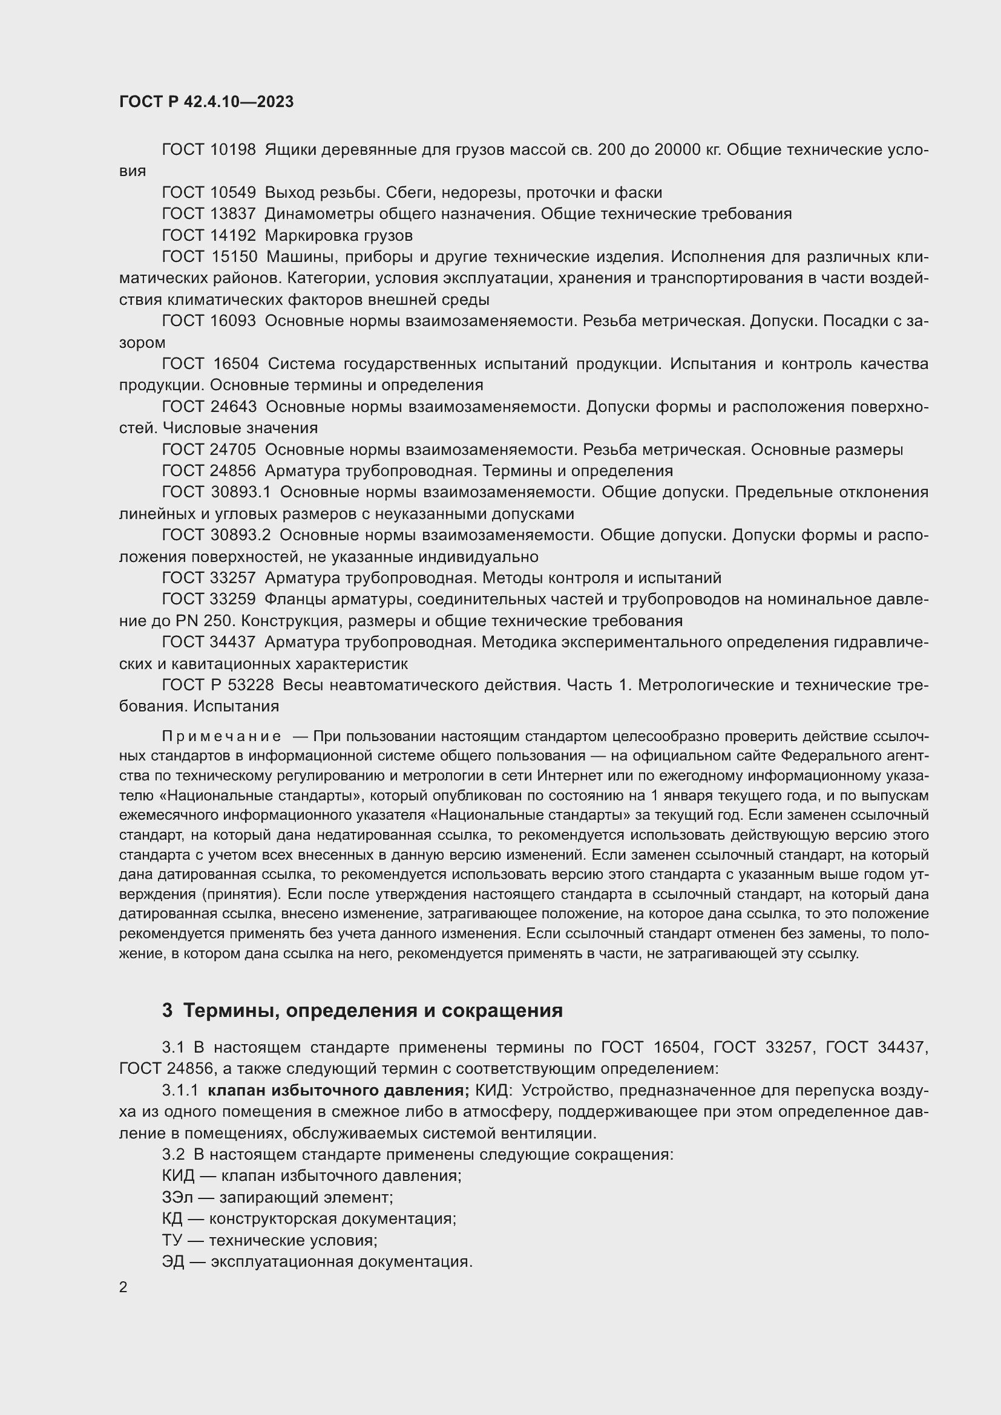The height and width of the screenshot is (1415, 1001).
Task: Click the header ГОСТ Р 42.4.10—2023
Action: [x=206, y=102]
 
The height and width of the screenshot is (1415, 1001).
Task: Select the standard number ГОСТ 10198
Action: [x=208, y=150]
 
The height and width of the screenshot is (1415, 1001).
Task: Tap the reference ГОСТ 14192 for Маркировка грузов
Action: [x=208, y=235]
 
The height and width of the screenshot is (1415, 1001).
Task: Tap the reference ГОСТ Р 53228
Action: [x=218, y=685]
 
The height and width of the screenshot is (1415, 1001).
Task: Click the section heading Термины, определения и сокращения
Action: [x=373, y=1011]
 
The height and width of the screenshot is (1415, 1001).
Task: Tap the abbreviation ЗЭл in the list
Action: [x=177, y=1197]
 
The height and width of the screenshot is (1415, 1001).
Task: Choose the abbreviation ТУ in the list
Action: [x=172, y=1240]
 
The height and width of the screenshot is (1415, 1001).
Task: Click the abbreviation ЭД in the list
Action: [x=173, y=1261]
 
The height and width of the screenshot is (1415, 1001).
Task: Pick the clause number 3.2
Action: [x=173, y=1154]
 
